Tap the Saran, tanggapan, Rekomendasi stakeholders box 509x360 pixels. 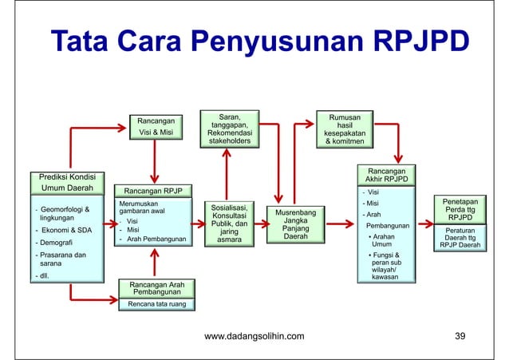pyautogui.click(x=229, y=129)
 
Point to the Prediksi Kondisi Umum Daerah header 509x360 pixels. pyautogui.click(x=68, y=182)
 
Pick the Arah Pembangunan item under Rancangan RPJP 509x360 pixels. pyautogui.click(x=156, y=239)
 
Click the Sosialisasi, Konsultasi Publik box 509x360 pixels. pyautogui.click(x=229, y=223)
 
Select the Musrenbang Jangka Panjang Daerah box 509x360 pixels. pyautogui.click(x=295, y=226)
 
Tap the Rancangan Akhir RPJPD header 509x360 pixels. pyautogui.click(x=386, y=175)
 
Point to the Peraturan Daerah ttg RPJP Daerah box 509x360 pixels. pyautogui.click(x=460, y=238)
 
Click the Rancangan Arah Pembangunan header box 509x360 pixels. pyautogui.click(x=156, y=288)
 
